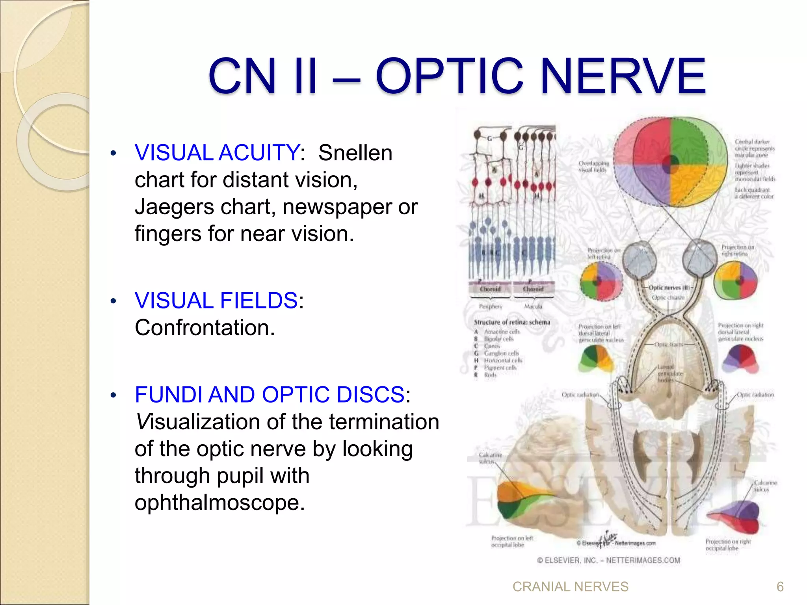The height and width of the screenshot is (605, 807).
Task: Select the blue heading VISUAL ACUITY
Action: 217,153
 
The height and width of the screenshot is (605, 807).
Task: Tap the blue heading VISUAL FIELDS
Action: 216,301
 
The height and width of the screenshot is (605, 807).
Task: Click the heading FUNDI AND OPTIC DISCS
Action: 270,395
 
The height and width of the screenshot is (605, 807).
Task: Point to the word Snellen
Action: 355,153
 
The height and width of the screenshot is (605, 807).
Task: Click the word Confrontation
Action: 205,328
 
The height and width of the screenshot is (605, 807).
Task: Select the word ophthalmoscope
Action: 219,503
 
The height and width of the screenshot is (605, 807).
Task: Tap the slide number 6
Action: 780,587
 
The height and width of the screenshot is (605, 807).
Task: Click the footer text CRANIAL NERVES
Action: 570,587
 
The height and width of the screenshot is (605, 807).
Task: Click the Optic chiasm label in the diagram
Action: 668,298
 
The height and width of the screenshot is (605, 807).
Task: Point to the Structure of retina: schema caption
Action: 512,322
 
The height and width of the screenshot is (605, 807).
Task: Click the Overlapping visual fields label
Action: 593,166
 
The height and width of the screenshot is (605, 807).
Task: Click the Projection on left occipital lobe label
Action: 511,541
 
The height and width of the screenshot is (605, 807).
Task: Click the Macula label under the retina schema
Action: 533,306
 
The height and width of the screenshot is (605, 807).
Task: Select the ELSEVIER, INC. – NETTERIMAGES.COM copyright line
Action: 608,560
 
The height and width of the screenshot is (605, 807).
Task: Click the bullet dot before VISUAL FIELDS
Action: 113,302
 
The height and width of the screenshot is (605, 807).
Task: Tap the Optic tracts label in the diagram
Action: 668,345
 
